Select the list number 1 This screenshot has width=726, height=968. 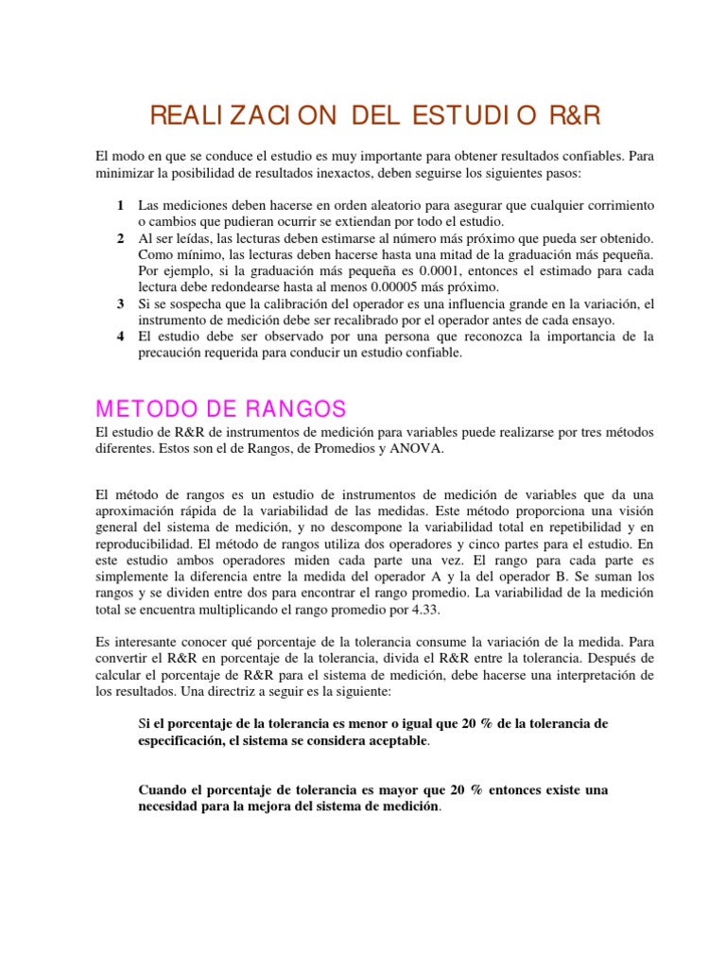pyautogui.click(x=120, y=205)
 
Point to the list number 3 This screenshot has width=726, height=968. pyautogui.click(x=120, y=303)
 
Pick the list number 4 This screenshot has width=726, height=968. pyautogui.click(x=120, y=337)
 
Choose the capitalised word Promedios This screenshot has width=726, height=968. pyautogui.click(x=341, y=449)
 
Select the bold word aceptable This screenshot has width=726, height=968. pyautogui.click(x=389, y=740)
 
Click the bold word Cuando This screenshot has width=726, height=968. pyautogui.click(x=164, y=789)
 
